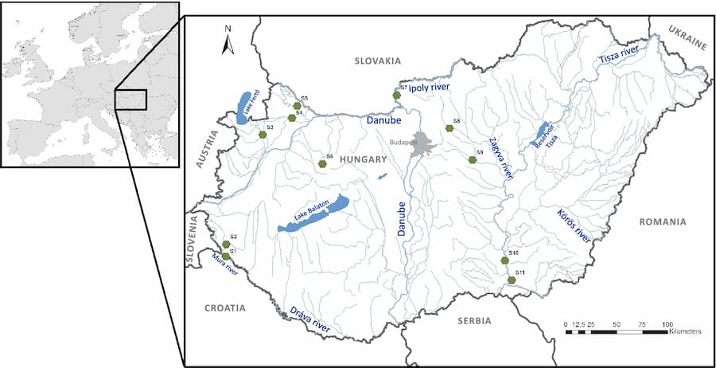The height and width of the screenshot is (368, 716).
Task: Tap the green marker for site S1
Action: pyautogui.click(x=227, y=256)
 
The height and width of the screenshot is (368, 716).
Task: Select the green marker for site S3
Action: pyautogui.click(x=263, y=135)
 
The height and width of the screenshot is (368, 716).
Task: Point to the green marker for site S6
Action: pyautogui.click(x=322, y=164)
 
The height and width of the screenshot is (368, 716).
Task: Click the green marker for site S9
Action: pyautogui.click(x=473, y=159)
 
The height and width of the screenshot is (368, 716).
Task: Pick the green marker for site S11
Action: pyautogui.click(x=512, y=280)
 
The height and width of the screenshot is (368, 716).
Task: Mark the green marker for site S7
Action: pyautogui.click(x=396, y=96)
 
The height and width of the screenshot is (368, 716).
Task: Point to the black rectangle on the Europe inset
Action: pyautogui.click(x=130, y=100)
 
